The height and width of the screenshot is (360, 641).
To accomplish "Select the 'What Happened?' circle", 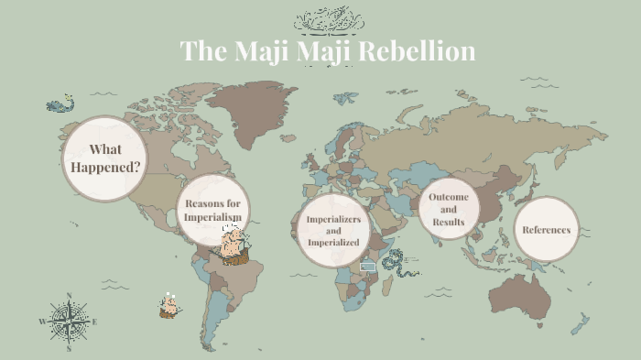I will tap(104, 158).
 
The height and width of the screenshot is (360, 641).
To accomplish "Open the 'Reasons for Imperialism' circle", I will tap(213, 210).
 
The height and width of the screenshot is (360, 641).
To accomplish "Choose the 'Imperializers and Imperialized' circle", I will tap(334, 231).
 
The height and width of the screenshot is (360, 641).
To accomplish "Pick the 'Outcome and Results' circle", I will tap(449, 209).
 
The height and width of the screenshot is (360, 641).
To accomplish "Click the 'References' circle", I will tap(547, 229).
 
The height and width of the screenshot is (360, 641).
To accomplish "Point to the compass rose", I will tap(69, 322).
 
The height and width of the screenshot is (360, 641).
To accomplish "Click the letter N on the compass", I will tap(69, 296).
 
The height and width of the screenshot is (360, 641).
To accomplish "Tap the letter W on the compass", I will tap(42, 322).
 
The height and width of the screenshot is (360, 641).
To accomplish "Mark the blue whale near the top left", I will tap(60, 105).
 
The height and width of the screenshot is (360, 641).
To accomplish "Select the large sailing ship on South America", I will tap(234, 245).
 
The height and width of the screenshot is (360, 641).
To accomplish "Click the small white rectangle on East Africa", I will tap(368, 266).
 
